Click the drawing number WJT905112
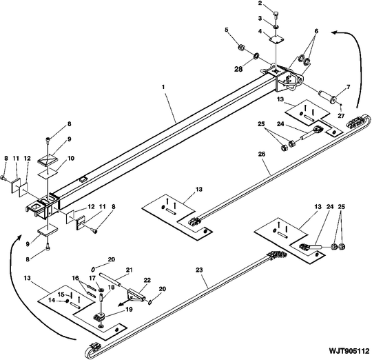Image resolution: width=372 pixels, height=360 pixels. [x=349, y=351]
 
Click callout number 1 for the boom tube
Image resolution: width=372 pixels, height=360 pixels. [x=163, y=87]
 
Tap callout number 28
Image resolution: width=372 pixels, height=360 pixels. [x=238, y=69]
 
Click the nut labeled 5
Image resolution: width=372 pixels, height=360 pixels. [x=242, y=48]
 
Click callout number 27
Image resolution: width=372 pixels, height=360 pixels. [x=341, y=116]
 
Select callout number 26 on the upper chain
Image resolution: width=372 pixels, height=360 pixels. [x=262, y=154]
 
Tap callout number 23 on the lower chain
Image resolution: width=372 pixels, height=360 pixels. [x=199, y=270]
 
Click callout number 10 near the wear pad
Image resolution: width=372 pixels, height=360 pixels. [x=71, y=158]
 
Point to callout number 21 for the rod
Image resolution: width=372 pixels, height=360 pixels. [x=130, y=270]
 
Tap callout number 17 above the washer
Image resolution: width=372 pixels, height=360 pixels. [x=92, y=278]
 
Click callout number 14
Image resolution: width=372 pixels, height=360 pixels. [x=52, y=300]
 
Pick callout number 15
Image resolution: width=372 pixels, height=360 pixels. [x=61, y=294]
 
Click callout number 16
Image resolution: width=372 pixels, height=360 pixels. [x=76, y=278]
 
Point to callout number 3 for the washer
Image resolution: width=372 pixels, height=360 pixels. [x=260, y=18]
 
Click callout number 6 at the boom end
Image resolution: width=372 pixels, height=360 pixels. [x=316, y=31]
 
